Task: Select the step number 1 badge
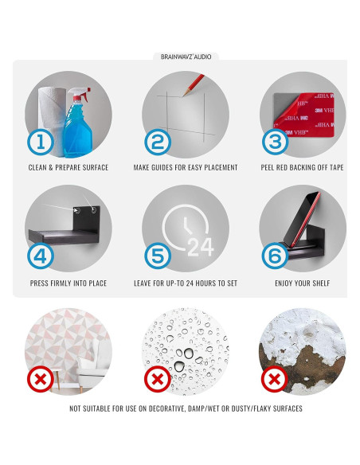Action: [41, 142]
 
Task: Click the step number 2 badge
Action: [158, 142]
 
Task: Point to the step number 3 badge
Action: [276, 142]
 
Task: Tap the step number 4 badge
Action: [41, 256]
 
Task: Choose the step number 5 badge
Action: [158, 256]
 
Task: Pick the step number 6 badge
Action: [275, 256]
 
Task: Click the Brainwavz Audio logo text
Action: [186, 57]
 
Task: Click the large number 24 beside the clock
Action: [201, 248]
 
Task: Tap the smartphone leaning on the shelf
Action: [301, 220]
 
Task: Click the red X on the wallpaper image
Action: [41, 379]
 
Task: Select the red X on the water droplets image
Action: [158, 379]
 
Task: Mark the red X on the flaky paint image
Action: [275, 379]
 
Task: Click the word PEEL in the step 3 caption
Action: [268, 167]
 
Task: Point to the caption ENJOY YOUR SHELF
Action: [302, 283]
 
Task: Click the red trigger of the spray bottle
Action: [86, 94]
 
